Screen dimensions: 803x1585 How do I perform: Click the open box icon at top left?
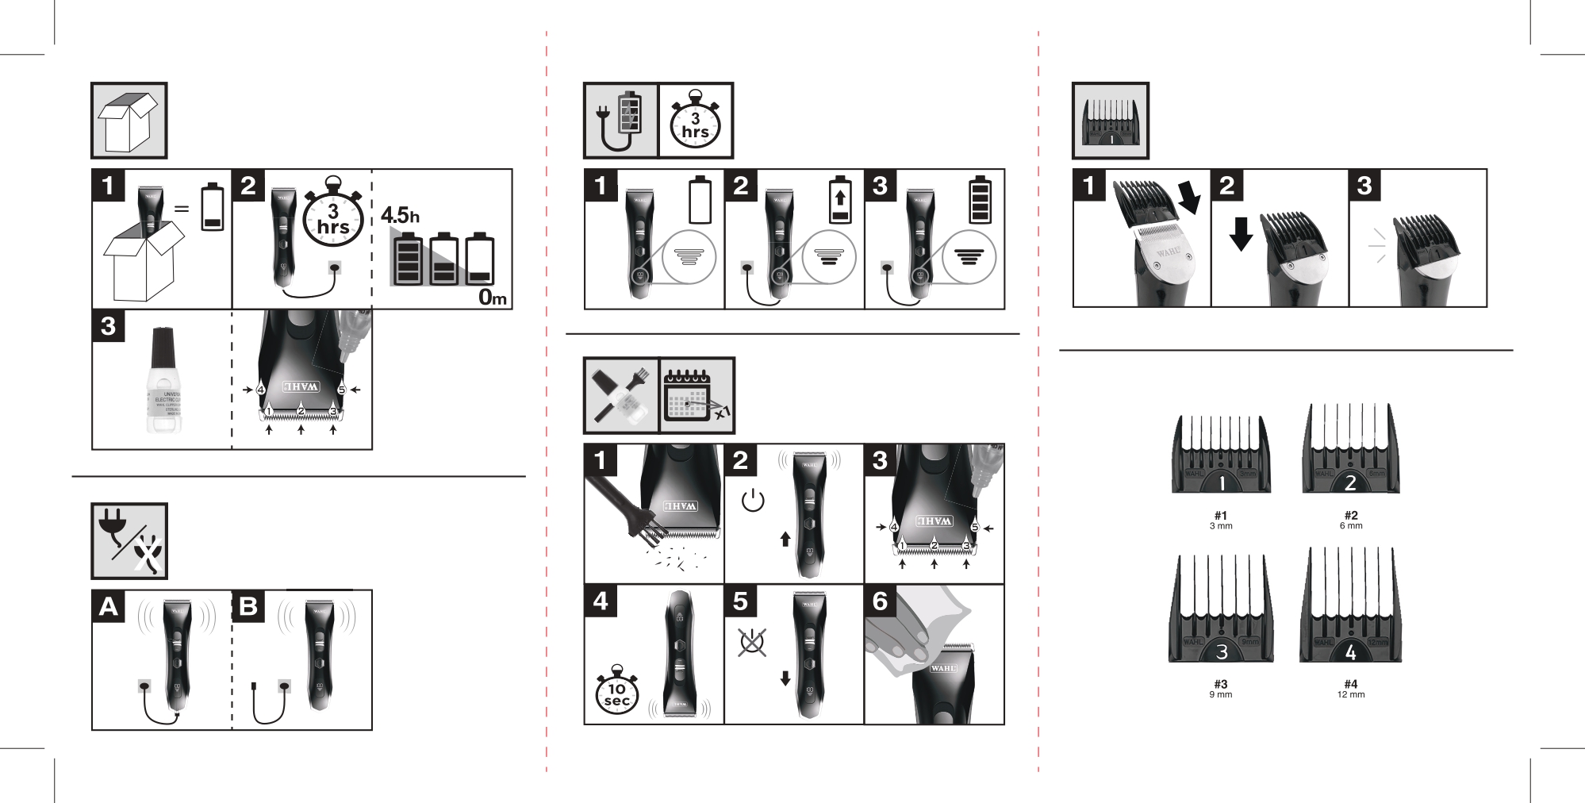129,121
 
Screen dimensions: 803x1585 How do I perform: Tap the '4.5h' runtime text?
400,215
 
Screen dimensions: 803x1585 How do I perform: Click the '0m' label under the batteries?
492,298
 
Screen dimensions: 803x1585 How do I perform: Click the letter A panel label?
109,607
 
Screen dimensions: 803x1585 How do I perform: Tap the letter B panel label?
248,607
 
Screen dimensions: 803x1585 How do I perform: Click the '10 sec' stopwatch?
617,695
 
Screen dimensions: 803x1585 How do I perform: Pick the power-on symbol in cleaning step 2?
752,502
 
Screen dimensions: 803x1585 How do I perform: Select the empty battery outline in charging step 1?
700,201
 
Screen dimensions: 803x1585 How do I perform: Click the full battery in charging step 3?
980,201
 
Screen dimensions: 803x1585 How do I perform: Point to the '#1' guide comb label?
1221,515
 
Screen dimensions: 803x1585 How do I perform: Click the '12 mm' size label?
1351,695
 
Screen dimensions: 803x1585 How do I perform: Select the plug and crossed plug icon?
129,541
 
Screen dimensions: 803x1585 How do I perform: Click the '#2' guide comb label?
1351,515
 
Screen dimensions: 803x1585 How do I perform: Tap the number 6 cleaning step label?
880,602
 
